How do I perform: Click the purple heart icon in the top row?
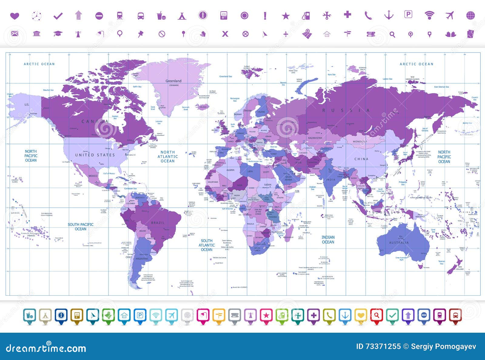point(15,15)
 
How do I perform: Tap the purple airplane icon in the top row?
point(450,15)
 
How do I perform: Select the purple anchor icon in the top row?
point(389,15)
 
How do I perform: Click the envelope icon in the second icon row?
point(15,34)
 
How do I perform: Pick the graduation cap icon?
point(58,34)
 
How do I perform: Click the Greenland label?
point(173,81)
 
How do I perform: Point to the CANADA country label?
point(95,121)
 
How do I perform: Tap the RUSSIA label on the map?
point(346,110)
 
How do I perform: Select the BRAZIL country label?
point(158,223)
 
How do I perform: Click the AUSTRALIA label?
point(399,243)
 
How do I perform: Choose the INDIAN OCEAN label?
point(328,240)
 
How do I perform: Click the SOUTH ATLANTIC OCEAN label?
point(207,245)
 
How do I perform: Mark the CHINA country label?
point(361,159)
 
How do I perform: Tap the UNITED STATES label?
point(95,155)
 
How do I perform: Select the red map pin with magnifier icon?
point(376,315)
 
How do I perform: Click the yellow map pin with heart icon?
point(361,315)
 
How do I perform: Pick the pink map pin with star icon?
point(266,315)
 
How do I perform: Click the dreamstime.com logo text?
point(46,348)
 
